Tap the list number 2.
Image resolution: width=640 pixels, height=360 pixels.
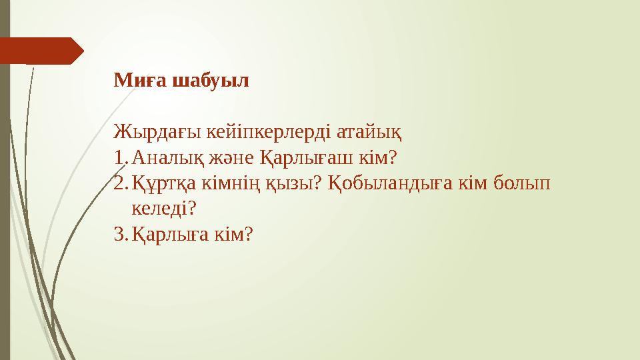click(119, 183)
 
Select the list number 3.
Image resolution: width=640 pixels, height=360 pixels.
click(119, 234)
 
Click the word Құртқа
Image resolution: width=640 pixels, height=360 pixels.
click(161, 183)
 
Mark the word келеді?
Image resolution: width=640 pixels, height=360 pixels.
click(163, 209)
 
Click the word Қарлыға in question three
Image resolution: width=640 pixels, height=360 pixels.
click(165, 234)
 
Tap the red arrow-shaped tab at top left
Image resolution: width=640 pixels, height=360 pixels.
click(40, 51)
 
